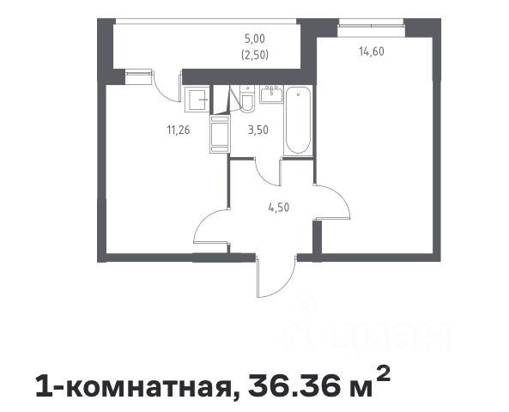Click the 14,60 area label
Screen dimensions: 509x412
click(x=372, y=51)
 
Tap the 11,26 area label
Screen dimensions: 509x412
click(x=179, y=130)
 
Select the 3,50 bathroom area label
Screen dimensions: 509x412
click(x=258, y=130)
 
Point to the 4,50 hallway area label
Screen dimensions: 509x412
click(x=278, y=207)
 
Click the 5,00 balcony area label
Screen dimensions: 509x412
click(x=255, y=39)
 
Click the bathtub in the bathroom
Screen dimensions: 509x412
click(x=298, y=120)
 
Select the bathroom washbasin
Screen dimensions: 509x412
click(x=271, y=94)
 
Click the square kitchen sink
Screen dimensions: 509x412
click(x=197, y=100)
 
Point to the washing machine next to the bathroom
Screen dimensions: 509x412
click(x=220, y=134)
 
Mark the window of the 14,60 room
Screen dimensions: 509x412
click(x=371, y=23)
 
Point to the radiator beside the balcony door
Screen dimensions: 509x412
click(x=138, y=76)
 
